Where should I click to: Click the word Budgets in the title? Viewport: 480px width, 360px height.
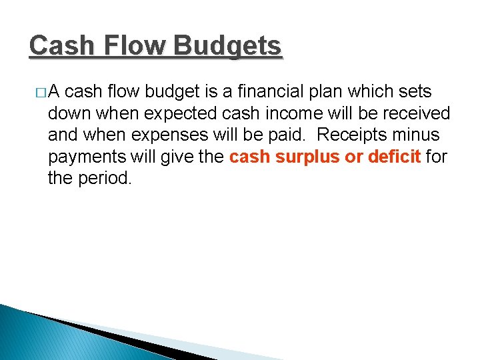(x=227, y=47)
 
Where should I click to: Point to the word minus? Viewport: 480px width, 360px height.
(x=417, y=135)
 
